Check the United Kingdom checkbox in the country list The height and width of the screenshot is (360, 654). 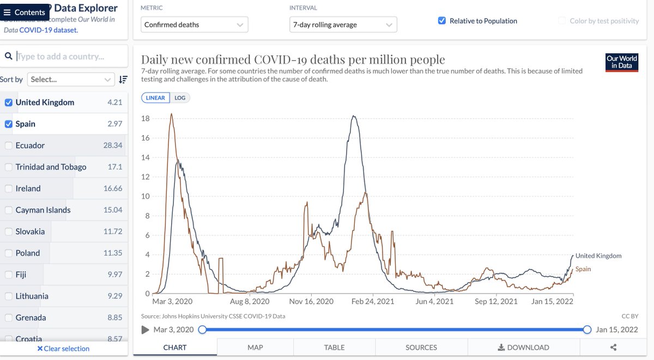tap(9, 102)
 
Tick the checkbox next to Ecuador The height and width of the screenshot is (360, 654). tap(9, 145)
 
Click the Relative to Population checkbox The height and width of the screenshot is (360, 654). tap(442, 21)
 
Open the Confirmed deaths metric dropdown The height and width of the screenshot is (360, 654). tap(194, 25)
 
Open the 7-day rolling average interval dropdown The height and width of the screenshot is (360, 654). tap(343, 25)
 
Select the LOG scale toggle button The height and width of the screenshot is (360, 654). tap(180, 98)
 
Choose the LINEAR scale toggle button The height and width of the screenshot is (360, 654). tap(156, 98)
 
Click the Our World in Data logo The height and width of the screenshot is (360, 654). tap(621, 62)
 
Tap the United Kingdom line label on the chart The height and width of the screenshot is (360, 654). tap(598, 255)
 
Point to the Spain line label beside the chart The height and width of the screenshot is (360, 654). tap(583, 269)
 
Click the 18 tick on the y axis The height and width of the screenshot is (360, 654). tap(146, 118)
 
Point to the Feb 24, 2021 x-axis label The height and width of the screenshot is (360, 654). tap(372, 301)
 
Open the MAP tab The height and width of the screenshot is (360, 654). tap(255, 347)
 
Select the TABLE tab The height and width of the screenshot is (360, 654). tap(334, 347)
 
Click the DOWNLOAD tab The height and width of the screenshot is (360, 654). tap(523, 347)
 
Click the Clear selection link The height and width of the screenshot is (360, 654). tap(63, 349)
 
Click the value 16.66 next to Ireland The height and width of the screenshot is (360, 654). tap(113, 188)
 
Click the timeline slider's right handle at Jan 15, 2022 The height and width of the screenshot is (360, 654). tap(587, 330)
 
